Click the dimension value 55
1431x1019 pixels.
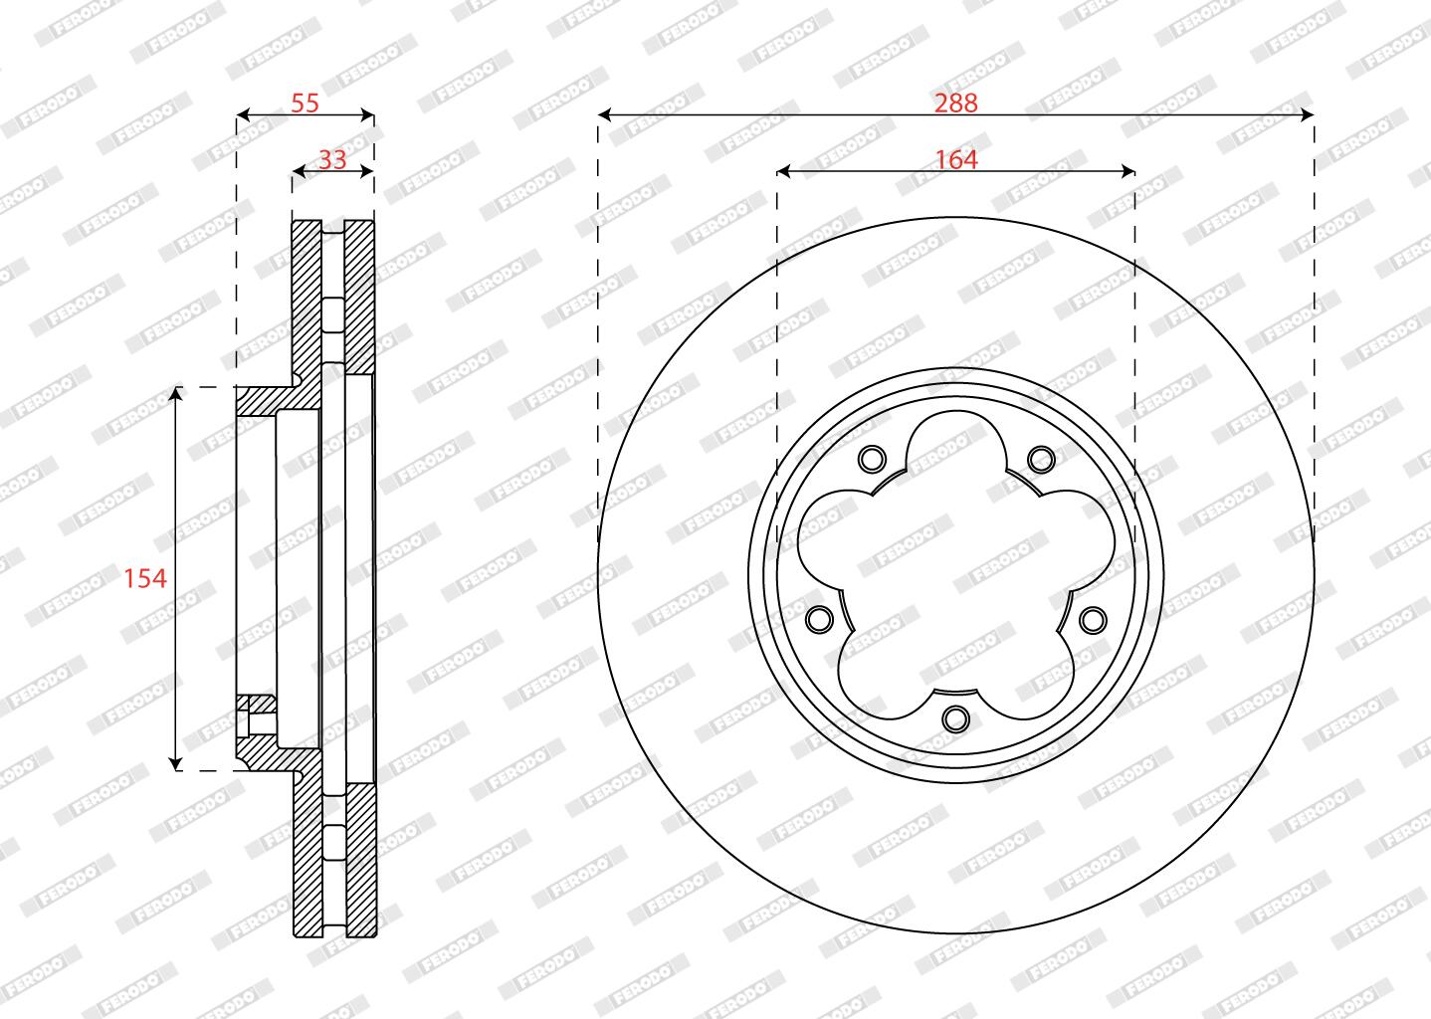305,102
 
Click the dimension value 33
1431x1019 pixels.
332,160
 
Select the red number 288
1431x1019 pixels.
955,102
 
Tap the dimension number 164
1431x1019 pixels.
955,160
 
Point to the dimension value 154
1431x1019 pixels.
145,578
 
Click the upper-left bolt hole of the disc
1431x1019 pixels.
872,458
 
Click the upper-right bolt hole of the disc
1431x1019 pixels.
1041,458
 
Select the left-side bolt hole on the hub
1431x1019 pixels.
820,618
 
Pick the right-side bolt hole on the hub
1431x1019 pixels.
1093,618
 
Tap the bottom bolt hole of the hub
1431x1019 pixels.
955,718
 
